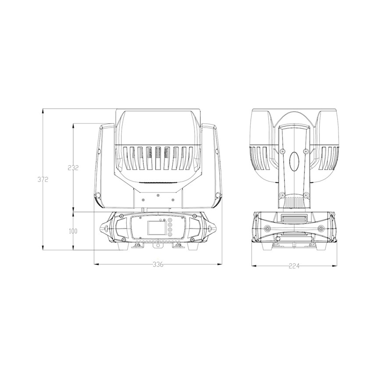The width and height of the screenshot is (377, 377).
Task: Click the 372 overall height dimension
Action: point(43,179)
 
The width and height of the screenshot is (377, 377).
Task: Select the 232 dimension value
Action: point(73,167)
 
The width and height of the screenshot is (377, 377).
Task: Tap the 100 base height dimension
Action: point(73,231)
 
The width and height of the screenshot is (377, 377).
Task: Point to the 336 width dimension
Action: point(158,264)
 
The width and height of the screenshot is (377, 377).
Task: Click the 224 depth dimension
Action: point(294,266)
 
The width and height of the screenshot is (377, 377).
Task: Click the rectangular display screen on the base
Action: point(156,228)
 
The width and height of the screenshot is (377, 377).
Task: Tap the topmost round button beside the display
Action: point(170,220)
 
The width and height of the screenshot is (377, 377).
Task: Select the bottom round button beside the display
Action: point(170,234)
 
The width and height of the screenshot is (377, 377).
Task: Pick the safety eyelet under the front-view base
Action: point(158,245)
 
